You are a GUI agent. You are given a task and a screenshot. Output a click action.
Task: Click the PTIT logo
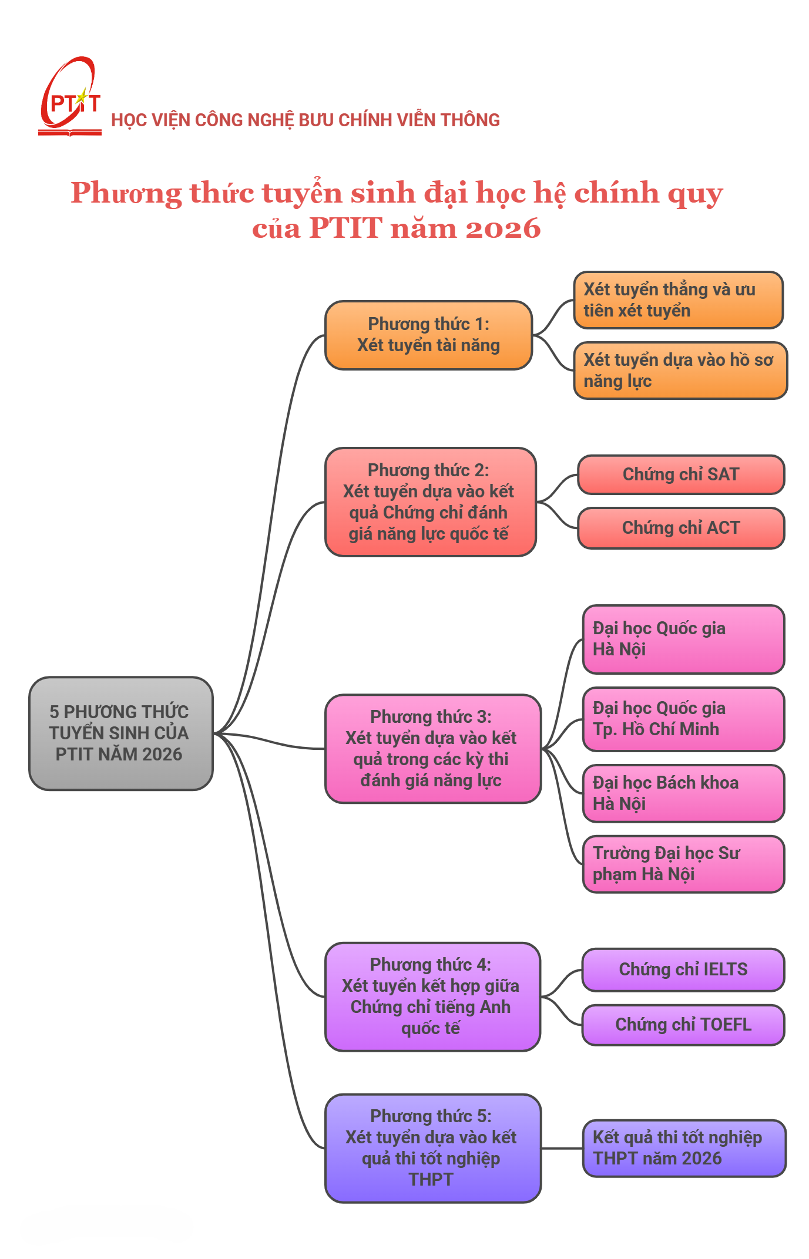click(x=69, y=97)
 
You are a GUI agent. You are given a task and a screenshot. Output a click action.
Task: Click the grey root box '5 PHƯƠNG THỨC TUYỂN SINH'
click(x=120, y=733)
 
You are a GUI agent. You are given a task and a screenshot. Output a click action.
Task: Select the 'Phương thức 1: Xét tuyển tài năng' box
click(x=428, y=335)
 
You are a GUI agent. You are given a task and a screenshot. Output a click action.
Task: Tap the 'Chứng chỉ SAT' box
click(x=680, y=474)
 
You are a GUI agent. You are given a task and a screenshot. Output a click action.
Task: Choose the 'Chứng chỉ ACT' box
click(x=680, y=528)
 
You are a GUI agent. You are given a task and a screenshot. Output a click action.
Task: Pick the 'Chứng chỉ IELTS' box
click(x=683, y=969)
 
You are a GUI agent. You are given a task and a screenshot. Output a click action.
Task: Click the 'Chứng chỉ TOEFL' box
click(x=683, y=1025)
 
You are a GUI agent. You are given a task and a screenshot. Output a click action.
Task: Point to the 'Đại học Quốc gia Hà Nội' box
click(x=683, y=639)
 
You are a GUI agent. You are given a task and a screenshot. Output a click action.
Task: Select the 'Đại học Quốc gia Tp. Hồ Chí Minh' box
click(x=683, y=719)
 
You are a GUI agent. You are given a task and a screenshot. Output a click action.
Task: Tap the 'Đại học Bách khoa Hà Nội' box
click(x=683, y=793)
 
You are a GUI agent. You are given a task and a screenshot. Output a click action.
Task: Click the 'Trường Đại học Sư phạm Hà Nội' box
click(x=683, y=864)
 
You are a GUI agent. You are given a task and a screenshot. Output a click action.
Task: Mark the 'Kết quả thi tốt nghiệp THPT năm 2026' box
click(x=683, y=1148)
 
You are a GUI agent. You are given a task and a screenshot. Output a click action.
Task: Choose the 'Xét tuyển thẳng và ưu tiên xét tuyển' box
click(x=678, y=299)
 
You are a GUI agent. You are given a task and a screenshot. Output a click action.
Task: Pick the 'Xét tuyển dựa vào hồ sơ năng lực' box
click(x=680, y=370)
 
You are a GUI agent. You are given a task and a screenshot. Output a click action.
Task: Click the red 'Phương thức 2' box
click(x=430, y=502)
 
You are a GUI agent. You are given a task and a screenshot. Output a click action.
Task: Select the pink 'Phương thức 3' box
click(x=432, y=749)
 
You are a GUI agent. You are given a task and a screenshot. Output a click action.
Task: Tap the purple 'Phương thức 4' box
click(x=432, y=997)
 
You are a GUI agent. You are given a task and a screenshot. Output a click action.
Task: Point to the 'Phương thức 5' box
click(x=432, y=1148)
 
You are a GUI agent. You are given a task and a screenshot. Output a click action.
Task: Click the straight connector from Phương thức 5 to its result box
click(x=562, y=1148)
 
